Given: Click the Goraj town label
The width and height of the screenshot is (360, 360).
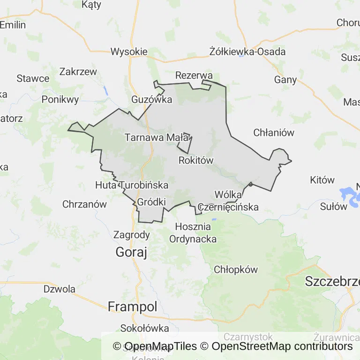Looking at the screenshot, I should (x=131, y=253).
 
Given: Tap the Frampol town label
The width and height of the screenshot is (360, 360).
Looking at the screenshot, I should (x=132, y=307).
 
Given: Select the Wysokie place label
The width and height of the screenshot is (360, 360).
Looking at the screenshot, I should (x=129, y=52).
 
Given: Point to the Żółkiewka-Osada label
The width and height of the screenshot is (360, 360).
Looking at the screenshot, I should (x=247, y=52).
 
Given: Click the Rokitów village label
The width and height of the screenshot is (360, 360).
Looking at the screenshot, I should (x=196, y=160).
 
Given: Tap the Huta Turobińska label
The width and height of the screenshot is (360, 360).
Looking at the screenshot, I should (x=132, y=185).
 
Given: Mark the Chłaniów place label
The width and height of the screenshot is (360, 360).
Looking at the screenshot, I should (x=274, y=133).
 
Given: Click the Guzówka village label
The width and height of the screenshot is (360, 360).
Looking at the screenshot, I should (x=151, y=99).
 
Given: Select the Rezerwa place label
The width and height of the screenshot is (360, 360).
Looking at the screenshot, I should (x=194, y=75).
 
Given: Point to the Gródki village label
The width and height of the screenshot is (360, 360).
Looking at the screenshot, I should (x=151, y=202).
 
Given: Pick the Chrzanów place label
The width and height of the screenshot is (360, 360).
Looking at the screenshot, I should (x=84, y=204).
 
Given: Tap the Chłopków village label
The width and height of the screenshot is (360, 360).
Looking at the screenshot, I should (x=236, y=270).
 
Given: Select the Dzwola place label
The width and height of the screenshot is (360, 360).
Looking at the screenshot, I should (x=60, y=289).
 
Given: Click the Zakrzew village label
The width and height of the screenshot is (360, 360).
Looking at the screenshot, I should (x=78, y=72).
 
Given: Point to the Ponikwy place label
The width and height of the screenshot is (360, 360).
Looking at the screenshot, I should (x=60, y=99).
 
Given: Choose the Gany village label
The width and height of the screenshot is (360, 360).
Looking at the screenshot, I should (x=285, y=80).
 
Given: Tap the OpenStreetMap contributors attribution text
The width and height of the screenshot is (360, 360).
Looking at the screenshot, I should (x=282, y=346).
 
